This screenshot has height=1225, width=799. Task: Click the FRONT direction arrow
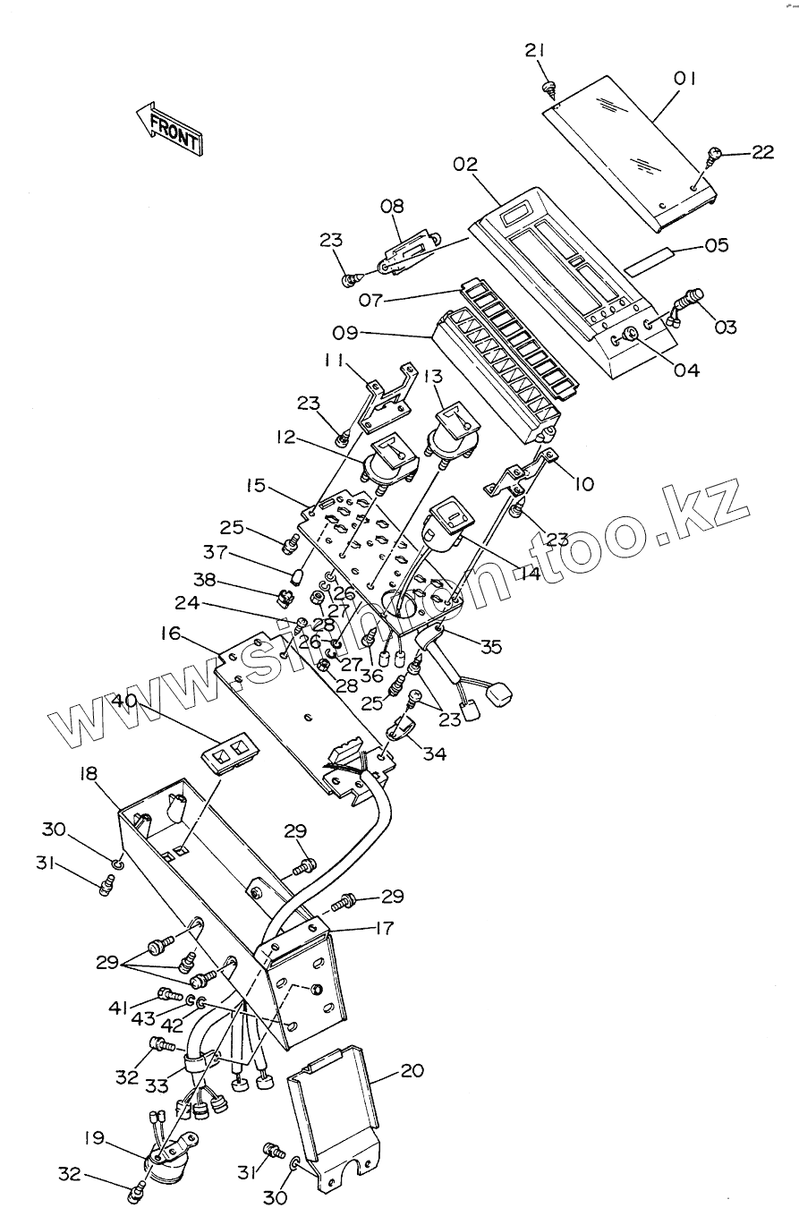pyautogui.click(x=169, y=128)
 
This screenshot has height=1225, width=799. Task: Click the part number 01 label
pyautogui.click(x=685, y=79)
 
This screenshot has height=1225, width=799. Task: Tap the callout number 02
pyautogui.click(x=465, y=165)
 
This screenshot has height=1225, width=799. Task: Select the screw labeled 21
pyautogui.click(x=548, y=87)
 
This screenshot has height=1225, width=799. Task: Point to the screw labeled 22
pyautogui.click(x=714, y=157)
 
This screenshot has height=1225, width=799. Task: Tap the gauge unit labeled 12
pyautogui.click(x=388, y=459)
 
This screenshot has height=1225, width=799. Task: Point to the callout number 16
pyautogui.click(x=171, y=634)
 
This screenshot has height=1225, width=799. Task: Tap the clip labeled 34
pyautogui.click(x=401, y=728)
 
